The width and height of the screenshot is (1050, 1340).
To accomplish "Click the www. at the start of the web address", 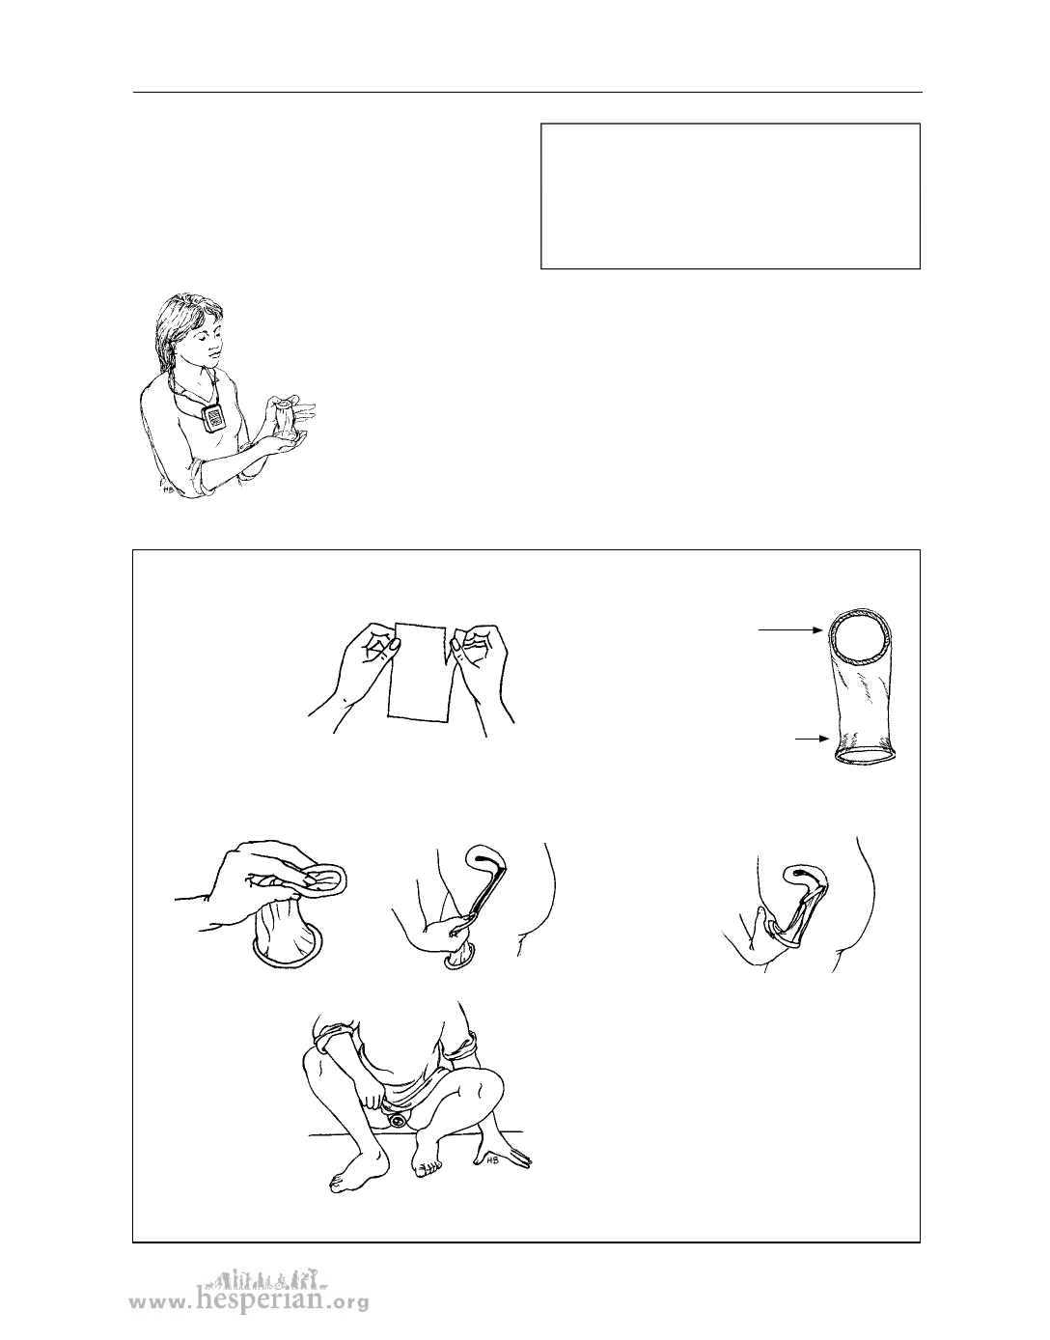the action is [160, 1301].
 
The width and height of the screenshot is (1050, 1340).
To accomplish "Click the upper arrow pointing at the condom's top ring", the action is [791, 630].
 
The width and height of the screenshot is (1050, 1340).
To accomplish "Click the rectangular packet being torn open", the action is [422, 670].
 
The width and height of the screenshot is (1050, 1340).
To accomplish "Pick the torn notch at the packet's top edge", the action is [449, 640].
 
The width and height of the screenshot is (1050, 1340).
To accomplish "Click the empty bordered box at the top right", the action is [731, 196].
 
